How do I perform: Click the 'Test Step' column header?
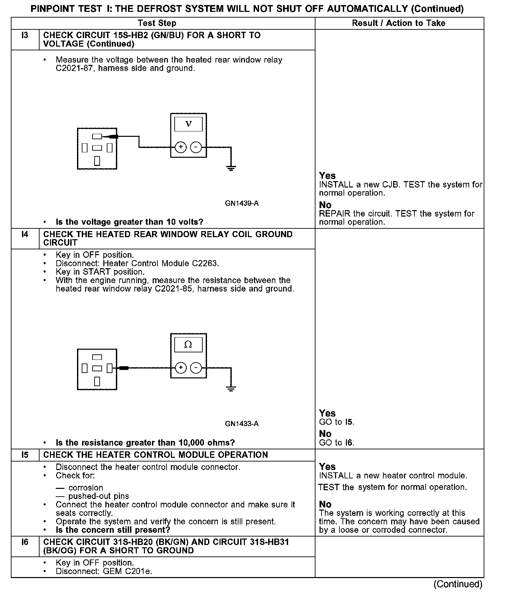[157, 23]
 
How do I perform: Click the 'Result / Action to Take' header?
[399, 23]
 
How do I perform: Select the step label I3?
[25, 35]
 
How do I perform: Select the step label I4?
[25, 234]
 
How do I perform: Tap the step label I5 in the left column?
[25, 455]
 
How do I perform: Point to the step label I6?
[25, 542]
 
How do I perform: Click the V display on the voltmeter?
[188, 124]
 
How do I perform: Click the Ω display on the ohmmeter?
[188, 345]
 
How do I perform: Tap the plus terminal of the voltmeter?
[181, 147]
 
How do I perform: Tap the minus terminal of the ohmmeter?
[196, 368]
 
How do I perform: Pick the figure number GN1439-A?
[242, 203]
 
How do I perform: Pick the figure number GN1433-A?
[242, 424]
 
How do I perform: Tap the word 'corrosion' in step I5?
[86, 488]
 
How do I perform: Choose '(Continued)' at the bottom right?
[458, 584]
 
